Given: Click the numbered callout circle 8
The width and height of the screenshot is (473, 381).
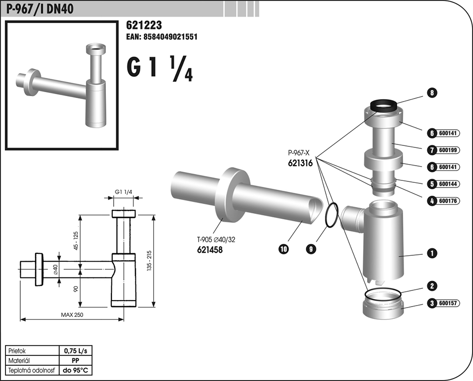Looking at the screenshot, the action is pos(432,93).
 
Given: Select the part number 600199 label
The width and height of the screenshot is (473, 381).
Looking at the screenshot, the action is pos(448,150).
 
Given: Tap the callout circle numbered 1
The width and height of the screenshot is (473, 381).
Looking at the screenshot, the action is pos(432,253).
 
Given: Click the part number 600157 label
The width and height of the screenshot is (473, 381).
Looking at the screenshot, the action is pos(448,303).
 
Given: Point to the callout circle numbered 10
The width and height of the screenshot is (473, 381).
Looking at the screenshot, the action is pos(284,249).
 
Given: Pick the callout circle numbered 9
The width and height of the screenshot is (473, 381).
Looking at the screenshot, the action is pos(311,249).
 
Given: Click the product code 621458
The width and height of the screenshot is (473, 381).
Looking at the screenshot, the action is pos(210,250).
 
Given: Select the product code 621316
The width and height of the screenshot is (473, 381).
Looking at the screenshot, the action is pos(301,163).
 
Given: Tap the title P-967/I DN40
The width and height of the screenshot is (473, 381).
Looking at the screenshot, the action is pos(40,9).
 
